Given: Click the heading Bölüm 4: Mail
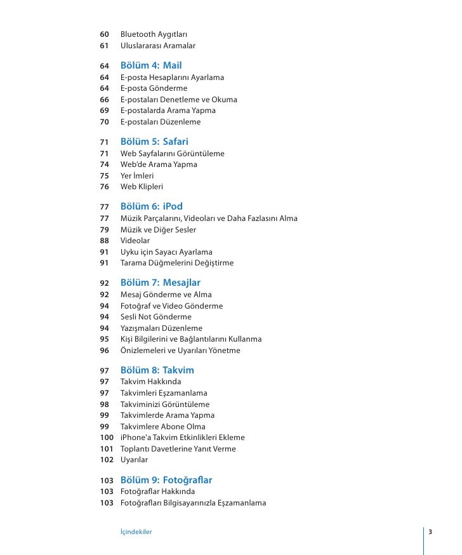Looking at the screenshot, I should click(151, 65).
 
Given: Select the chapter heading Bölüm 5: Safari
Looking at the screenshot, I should click(154, 142).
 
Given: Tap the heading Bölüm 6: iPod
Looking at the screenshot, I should click(151, 206).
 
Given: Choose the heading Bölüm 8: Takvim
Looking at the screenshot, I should click(157, 370).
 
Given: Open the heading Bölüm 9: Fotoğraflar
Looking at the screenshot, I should click(166, 480).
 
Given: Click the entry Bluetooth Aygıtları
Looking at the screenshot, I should click(154, 34).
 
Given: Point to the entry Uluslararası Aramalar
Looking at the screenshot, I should click(158, 46).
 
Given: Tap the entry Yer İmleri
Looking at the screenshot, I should click(137, 175).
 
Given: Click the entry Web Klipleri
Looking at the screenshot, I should click(142, 187).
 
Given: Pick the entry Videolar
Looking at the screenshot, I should click(135, 241).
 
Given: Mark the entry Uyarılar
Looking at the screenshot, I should click(134, 460).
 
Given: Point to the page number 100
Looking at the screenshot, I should click(107, 438).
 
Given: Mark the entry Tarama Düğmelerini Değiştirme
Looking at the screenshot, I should click(177, 263).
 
